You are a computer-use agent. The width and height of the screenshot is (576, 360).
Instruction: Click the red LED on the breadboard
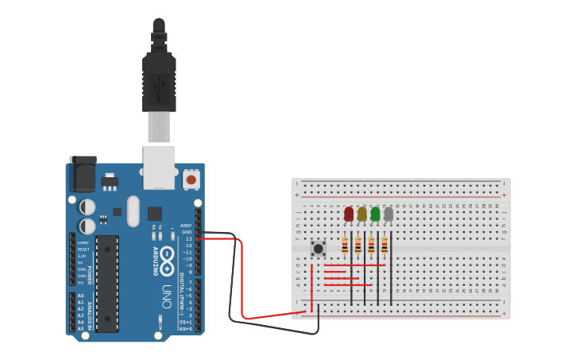coord(349,214)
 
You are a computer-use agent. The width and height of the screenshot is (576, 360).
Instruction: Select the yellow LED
coord(362,214)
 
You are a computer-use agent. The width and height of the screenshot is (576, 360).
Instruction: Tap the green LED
coord(375,214)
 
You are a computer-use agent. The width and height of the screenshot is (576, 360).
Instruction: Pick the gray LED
coord(389,214)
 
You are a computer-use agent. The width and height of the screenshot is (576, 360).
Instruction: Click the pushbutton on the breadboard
coord(318,249)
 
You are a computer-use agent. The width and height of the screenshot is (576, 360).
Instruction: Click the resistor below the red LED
coord(345,246)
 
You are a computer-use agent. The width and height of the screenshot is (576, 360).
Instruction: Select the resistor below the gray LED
coord(385,246)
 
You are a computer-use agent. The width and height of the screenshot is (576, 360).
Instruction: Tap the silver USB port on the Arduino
coord(159,168)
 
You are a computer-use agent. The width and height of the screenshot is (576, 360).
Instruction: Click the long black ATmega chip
coord(107,282)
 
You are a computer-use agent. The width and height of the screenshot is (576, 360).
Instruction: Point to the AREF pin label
coord(186,225)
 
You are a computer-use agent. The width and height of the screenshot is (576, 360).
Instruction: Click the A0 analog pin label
coord(80,296)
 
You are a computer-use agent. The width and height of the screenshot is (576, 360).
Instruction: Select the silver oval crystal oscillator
coord(133,211)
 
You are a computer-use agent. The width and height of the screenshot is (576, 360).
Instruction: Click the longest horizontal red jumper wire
coord(355,265)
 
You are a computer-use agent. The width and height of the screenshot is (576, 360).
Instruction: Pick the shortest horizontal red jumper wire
coord(335,272)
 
